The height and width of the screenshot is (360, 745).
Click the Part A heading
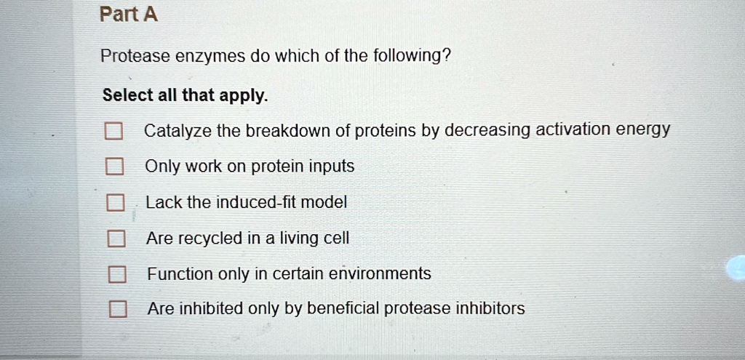point(129,15)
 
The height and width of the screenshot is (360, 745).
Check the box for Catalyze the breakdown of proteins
point(112,132)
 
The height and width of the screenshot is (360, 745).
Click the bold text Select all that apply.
point(186,95)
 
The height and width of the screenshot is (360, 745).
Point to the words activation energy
point(602,130)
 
